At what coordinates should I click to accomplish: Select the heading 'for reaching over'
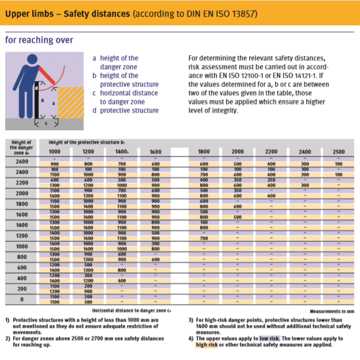tap(39, 40)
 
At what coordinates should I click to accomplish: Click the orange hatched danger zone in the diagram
tap(70, 102)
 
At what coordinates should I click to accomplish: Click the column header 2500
tap(338, 152)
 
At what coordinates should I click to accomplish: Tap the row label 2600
tap(21, 162)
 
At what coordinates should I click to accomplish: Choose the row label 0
tap(21, 300)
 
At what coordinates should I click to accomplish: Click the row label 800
tap(21, 257)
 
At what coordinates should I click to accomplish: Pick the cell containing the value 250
tap(271, 180)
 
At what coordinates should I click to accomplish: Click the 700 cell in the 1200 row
tap(204, 238)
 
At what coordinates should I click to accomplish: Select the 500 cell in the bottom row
tap(88, 302)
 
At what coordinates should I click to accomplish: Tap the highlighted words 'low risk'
tap(270, 339)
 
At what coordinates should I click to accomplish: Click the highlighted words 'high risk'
tap(206, 345)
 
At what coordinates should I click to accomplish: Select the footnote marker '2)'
tap(8, 339)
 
